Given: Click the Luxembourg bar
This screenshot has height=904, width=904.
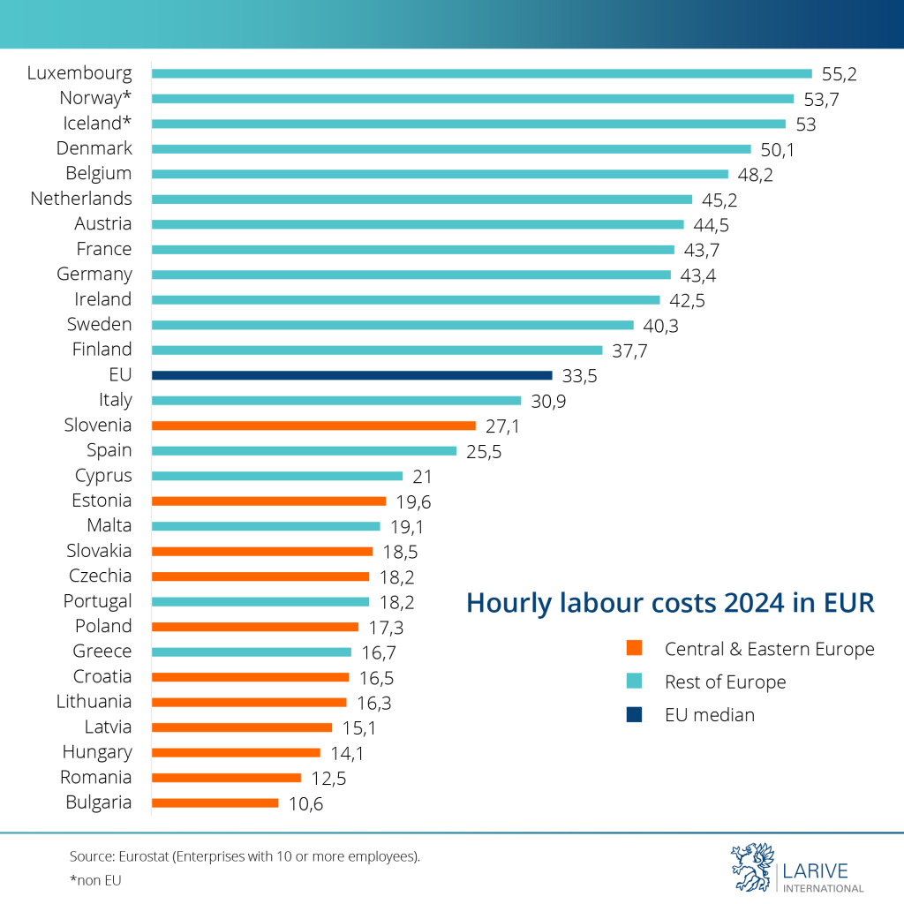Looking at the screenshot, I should click(481, 73).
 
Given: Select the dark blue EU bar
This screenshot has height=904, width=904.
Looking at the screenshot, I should click(351, 375).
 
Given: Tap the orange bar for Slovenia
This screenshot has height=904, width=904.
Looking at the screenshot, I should click(313, 426).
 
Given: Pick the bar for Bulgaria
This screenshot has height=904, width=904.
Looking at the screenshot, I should click(215, 803).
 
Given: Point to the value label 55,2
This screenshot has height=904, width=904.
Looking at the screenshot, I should click(840, 74).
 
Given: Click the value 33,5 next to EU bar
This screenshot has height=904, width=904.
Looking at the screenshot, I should click(580, 376).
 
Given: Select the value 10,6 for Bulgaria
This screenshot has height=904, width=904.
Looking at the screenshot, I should click(305, 804).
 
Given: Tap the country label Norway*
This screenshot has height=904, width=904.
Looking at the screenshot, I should click(95, 98).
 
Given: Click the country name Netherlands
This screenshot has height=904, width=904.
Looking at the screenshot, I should click(81, 199).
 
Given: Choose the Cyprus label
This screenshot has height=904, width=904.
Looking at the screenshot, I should click(103, 476).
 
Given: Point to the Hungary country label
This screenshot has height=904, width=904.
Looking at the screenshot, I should click(97, 752).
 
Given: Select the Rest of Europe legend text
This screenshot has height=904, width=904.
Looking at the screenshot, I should click(725, 682).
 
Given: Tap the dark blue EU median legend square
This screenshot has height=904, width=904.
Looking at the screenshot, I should click(634, 715).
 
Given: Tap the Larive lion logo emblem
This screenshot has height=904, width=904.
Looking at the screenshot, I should click(751, 869).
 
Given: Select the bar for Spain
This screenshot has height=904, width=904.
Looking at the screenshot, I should click(304, 451).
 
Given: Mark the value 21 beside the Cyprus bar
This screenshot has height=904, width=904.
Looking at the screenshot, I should click(422, 477).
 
